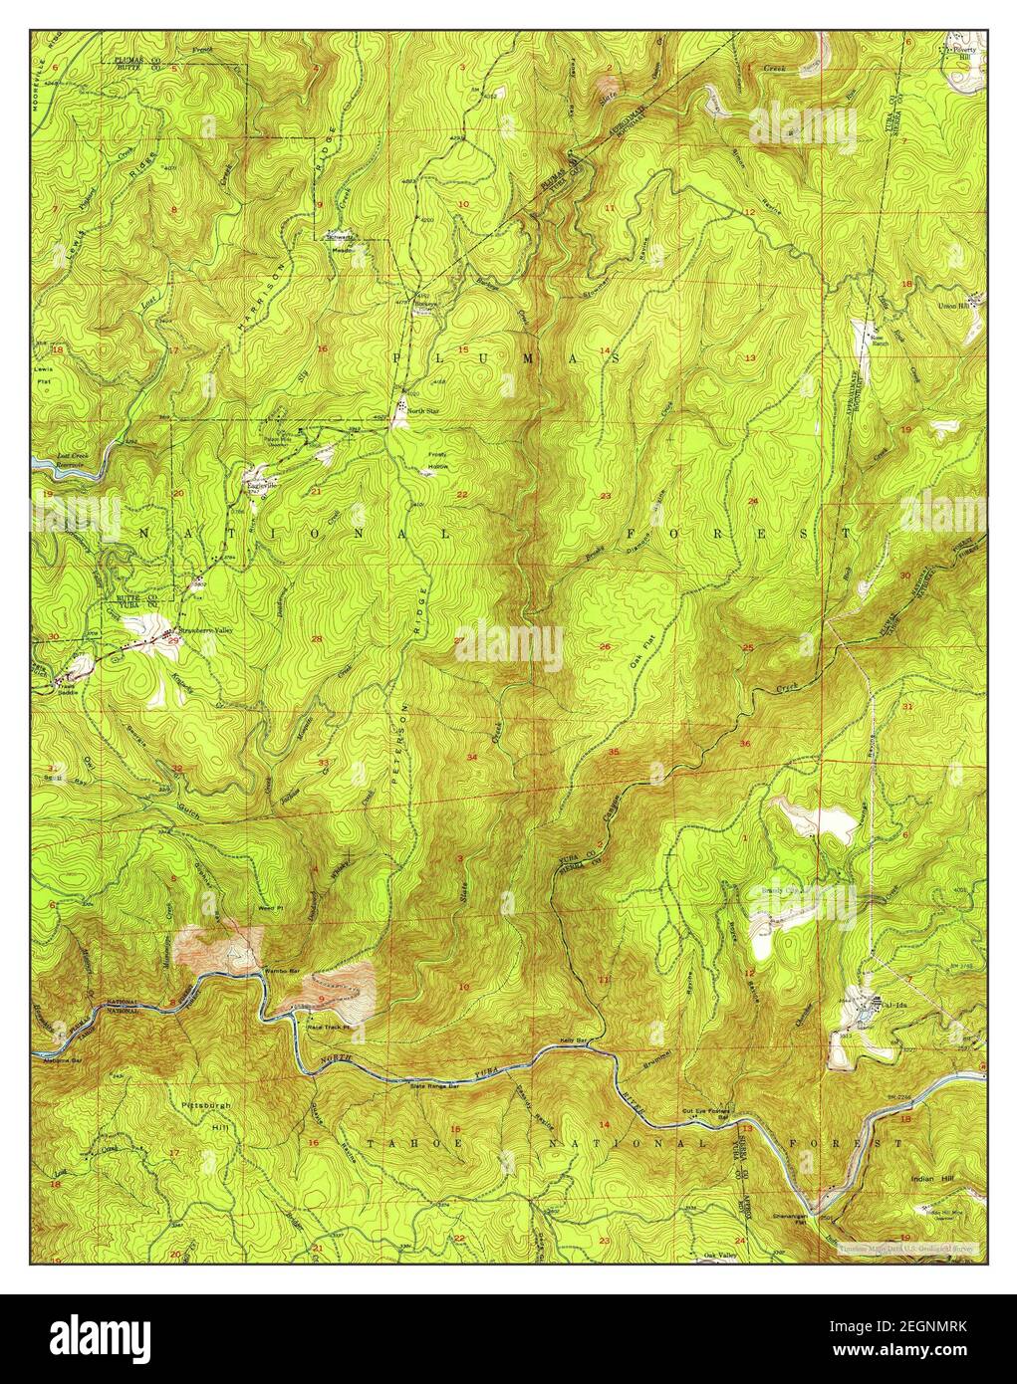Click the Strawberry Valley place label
pyautogui.click(x=203, y=628)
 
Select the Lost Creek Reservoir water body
pyautogui.click(x=55, y=464)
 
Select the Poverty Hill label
pyautogui.click(x=962, y=53)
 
